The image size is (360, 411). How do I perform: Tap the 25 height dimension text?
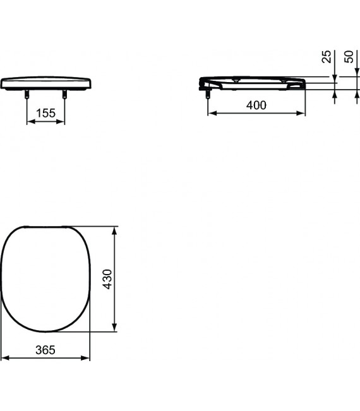click(327, 57)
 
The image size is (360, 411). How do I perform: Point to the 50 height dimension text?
click(348, 57)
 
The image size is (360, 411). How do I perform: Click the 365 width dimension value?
click(45, 349)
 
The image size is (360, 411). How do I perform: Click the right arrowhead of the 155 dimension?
click(62, 122)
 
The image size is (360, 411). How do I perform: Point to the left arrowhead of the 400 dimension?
click(212, 114)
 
